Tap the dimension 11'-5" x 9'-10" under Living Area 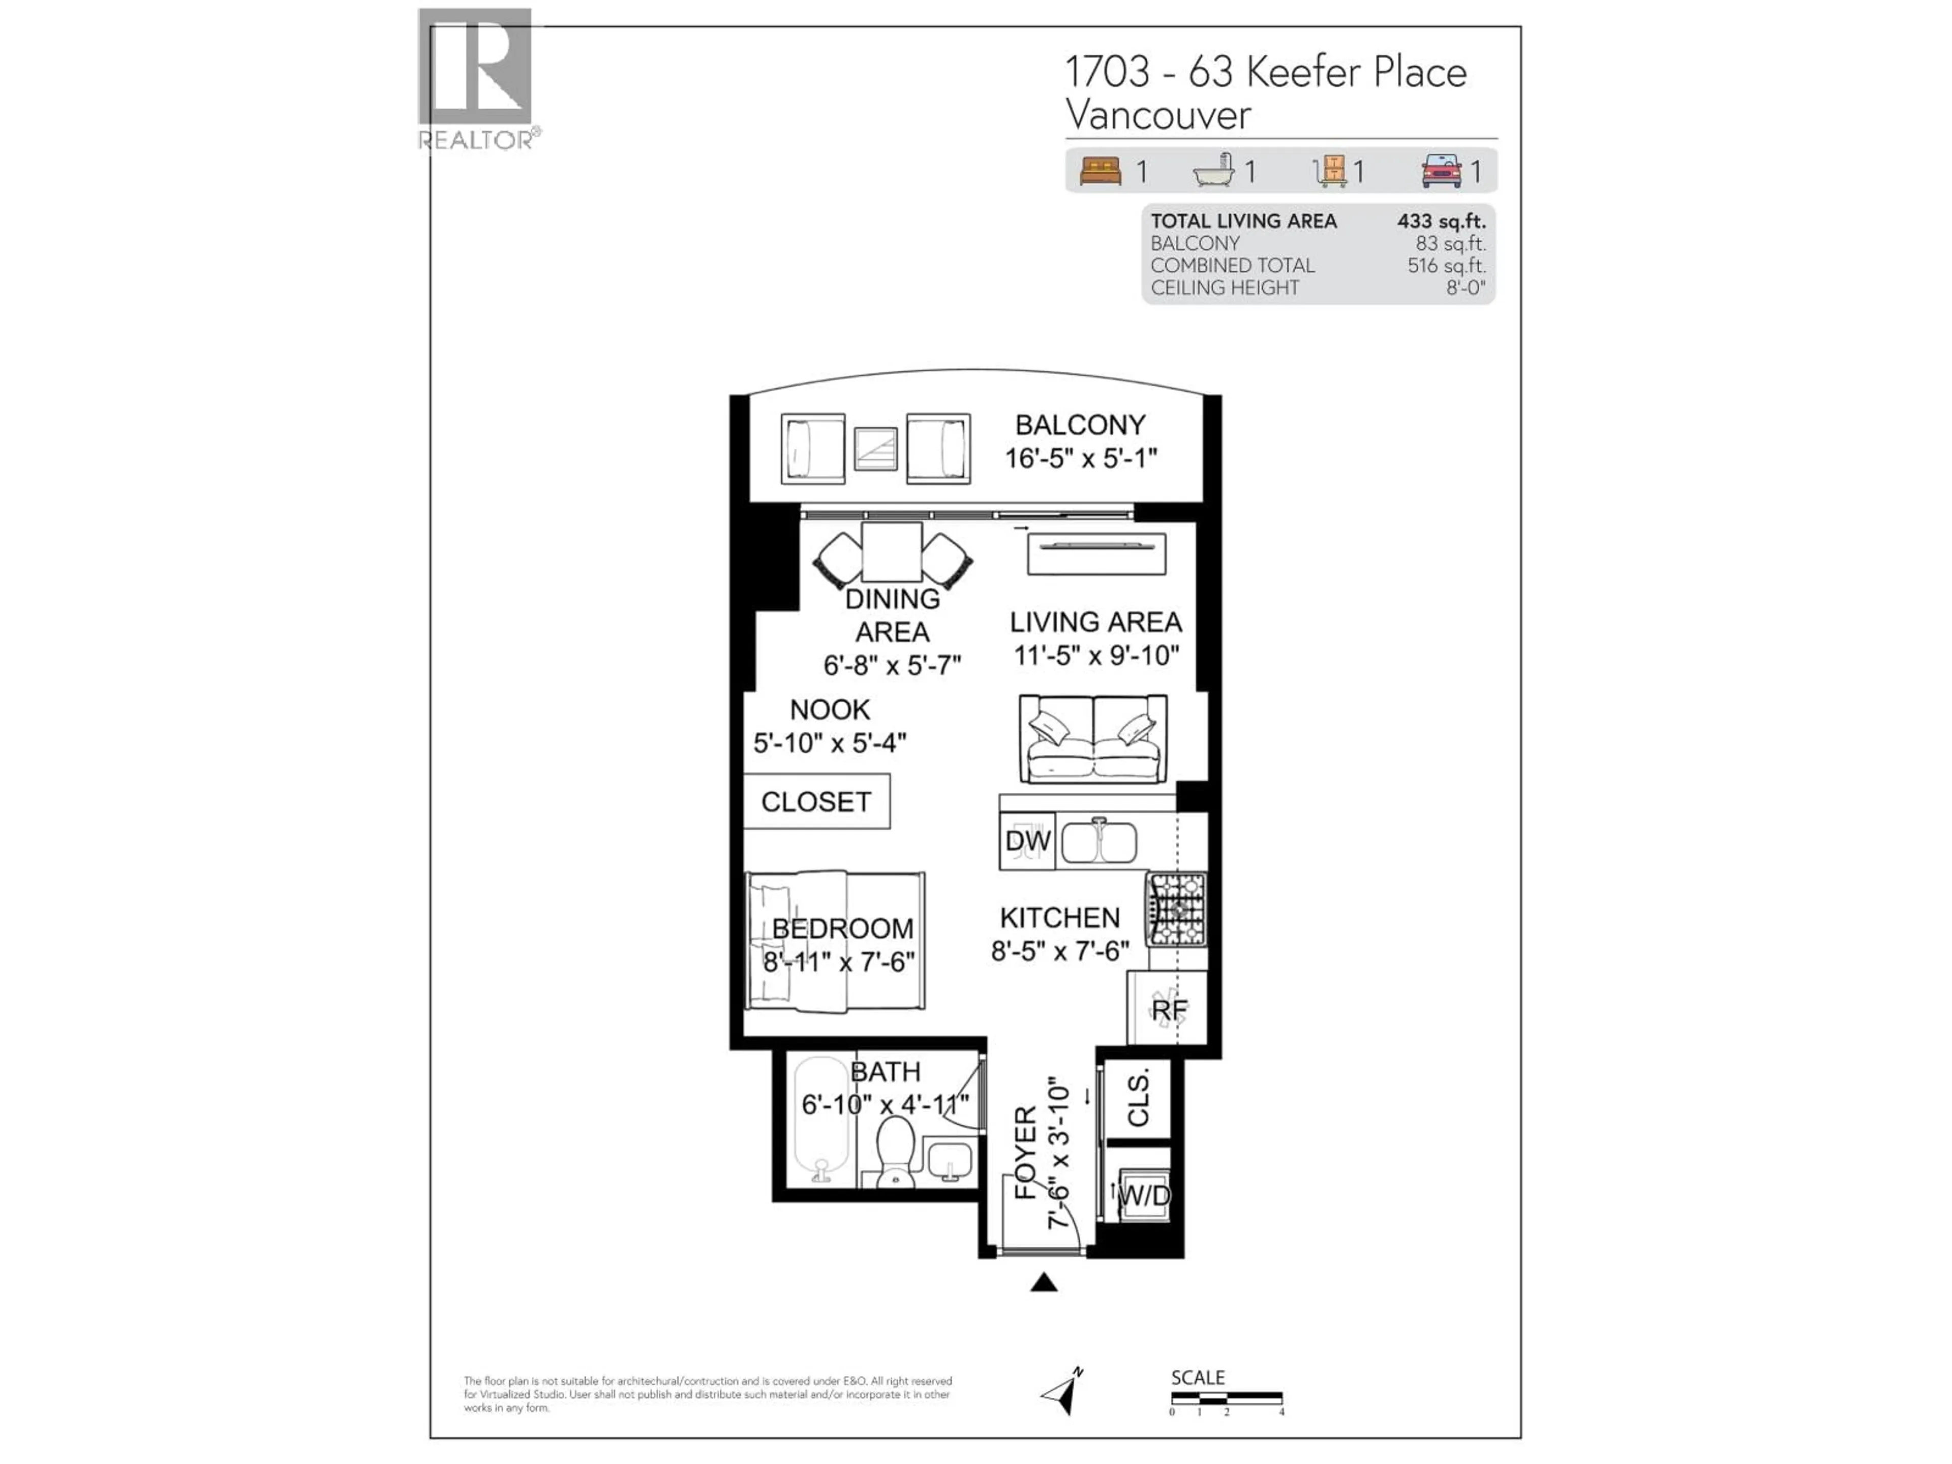click(x=1096, y=656)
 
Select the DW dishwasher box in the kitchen click(x=1027, y=841)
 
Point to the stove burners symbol click(x=1176, y=909)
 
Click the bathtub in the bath click(x=820, y=1121)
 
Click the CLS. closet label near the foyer click(x=1138, y=1099)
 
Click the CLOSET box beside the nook click(x=816, y=801)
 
